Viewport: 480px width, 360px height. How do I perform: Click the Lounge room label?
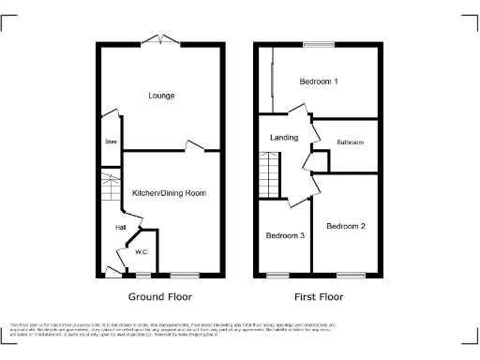click(161, 96)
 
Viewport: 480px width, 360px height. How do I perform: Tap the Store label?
click(110, 142)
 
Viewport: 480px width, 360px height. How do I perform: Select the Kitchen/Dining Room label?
click(169, 193)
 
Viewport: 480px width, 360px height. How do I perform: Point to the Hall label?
click(121, 227)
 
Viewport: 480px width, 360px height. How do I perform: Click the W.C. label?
click(142, 251)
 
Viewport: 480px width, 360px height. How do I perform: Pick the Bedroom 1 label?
click(319, 82)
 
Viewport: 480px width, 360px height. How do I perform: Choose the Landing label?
click(283, 138)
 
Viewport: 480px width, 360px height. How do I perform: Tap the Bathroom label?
click(350, 142)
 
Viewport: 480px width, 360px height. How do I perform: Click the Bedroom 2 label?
click(345, 227)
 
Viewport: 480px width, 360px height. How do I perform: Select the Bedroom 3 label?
click(284, 235)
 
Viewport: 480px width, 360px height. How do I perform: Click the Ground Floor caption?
click(160, 296)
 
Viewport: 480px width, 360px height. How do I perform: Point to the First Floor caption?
click(319, 296)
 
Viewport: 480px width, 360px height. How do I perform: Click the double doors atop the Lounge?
click(161, 39)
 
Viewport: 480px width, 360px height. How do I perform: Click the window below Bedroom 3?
click(277, 274)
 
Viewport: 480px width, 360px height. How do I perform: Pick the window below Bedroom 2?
click(351, 274)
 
